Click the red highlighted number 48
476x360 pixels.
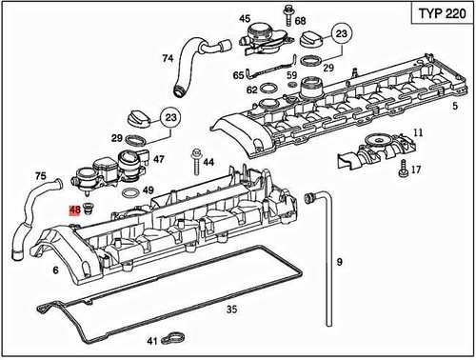73,210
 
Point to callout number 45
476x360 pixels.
245,18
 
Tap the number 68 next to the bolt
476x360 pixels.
301,20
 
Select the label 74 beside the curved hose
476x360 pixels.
168,58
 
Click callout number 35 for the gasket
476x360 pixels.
231,310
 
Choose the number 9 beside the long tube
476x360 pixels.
338,260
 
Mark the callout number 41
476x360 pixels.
151,340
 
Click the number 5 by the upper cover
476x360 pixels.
455,105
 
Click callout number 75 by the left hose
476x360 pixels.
40,175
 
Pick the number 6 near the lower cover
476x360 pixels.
55,270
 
